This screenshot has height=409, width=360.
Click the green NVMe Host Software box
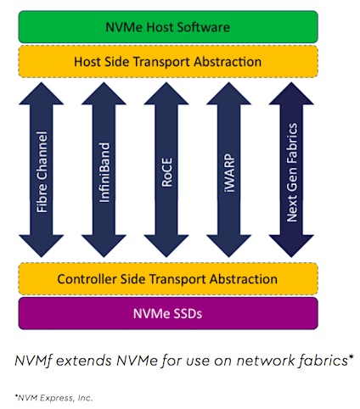coord(168,27)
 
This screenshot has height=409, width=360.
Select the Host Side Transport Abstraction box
coord(168,62)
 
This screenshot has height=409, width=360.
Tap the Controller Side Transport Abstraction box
coord(168,279)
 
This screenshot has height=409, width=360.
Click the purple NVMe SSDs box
coord(168,313)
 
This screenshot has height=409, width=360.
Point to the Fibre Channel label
coord(42,171)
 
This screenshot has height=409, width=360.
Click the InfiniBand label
coord(104,172)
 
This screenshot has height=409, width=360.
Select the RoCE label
coord(166,172)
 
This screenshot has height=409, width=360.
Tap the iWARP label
coord(229,173)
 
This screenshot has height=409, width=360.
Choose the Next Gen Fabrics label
coord(292,172)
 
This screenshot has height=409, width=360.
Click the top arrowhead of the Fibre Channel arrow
coord(42,93)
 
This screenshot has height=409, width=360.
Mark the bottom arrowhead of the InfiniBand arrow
coord(104,246)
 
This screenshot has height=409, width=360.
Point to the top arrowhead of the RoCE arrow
coord(166,93)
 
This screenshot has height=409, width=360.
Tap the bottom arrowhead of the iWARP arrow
coord(229,246)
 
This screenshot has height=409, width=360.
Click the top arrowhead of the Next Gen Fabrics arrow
coord(291,93)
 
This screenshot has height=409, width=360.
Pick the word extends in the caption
coord(84,361)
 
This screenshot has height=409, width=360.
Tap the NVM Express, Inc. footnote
coord(53,398)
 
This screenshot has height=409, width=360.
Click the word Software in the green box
coord(204,27)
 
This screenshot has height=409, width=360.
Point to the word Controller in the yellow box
coord(87,279)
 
